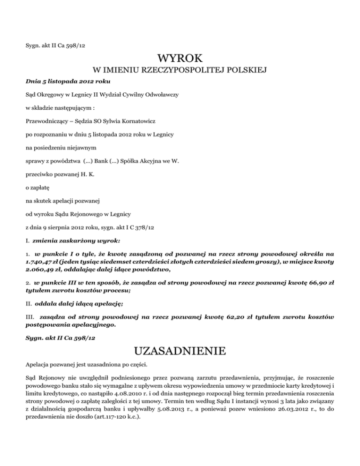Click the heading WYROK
(180, 59)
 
